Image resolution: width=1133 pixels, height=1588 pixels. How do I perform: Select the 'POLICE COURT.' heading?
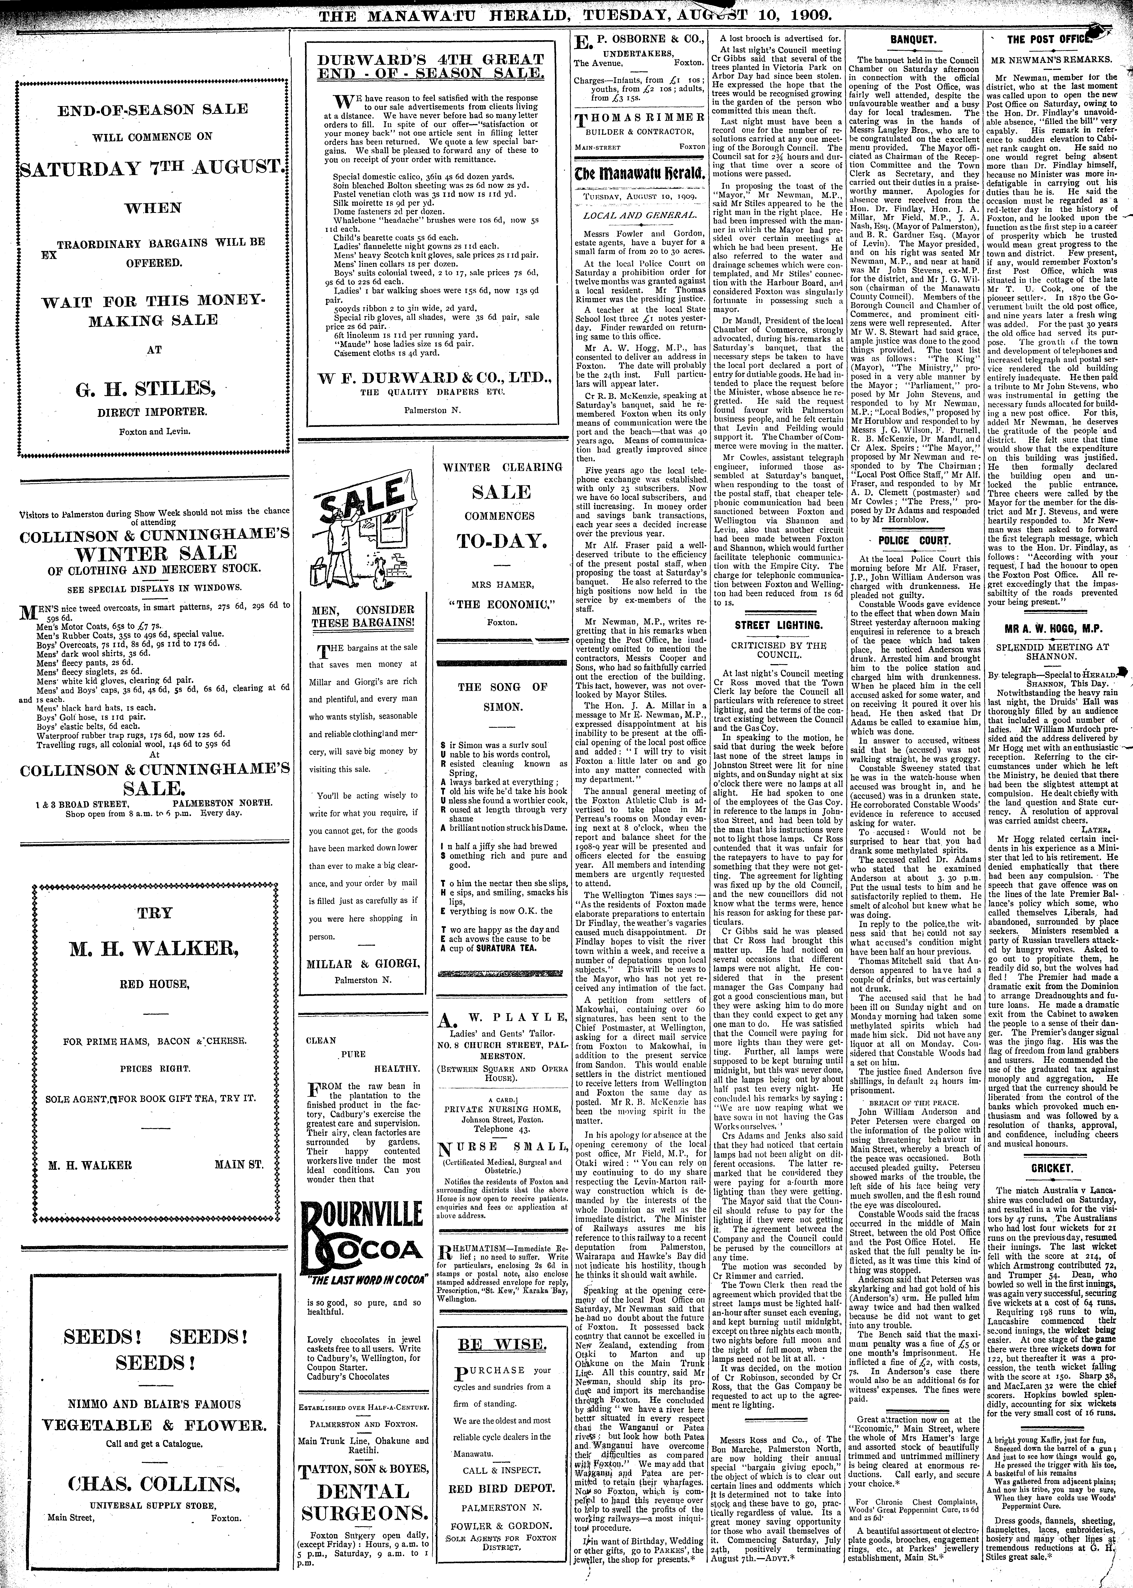click(913, 541)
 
